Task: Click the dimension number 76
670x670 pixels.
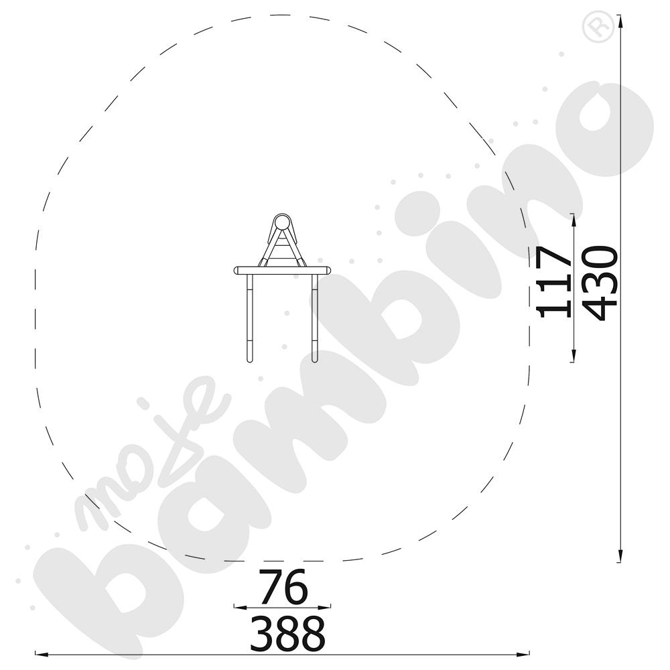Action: click(283, 586)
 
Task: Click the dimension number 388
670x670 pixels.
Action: click(287, 633)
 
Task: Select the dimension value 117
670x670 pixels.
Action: click(554, 282)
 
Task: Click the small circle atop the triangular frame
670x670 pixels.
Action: click(281, 224)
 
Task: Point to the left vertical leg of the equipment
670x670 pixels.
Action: click(249, 318)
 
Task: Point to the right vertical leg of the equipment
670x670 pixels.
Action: click(315, 318)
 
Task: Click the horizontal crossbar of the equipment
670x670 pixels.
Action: click(282, 271)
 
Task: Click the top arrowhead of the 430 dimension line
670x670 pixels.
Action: click(618, 20)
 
